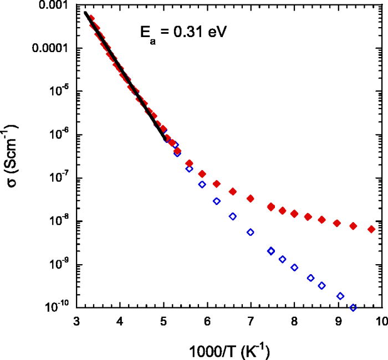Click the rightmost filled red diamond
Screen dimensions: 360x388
tap(371, 229)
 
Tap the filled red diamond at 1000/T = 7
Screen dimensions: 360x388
tap(251, 198)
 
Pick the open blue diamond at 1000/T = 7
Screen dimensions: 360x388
tap(251, 232)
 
